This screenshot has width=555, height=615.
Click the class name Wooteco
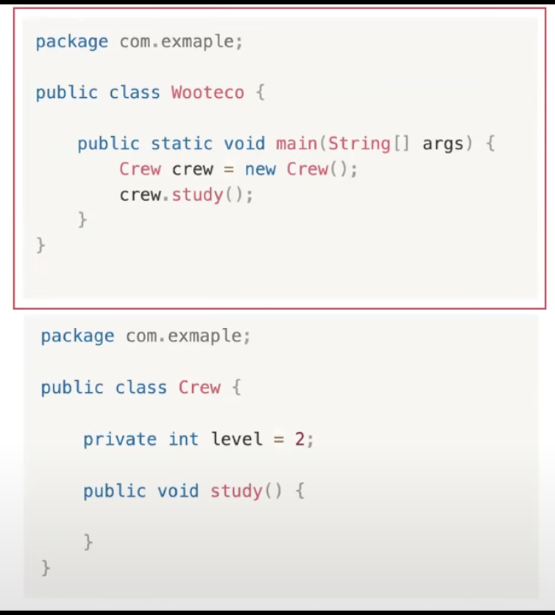click(208, 93)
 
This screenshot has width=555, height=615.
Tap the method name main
click(297, 143)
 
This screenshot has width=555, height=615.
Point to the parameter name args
click(443, 143)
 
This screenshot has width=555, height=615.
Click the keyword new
click(260, 169)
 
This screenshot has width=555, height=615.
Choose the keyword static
click(182, 143)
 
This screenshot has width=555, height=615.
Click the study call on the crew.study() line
click(197, 196)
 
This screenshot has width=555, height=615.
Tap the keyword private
click(120, 439)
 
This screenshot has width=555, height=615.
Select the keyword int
click(183, 439)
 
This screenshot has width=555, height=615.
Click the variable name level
click(237, 439)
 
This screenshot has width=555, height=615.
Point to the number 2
click(300, 439)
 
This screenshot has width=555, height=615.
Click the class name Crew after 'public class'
click(199, 388)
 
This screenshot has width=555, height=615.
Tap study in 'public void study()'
click(236, 491)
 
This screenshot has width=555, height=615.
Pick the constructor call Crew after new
click(307, 169)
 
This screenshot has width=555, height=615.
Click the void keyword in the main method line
click(244, 143)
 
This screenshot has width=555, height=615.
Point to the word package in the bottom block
click(77, 336)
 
